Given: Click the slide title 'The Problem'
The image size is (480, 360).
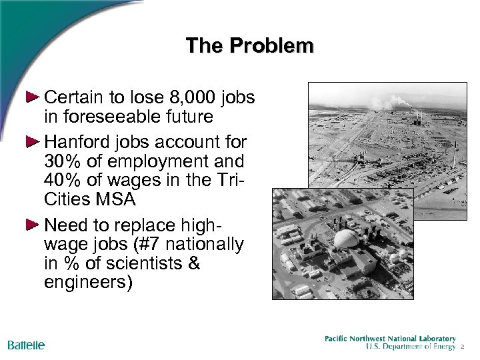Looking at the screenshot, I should coord(249,45).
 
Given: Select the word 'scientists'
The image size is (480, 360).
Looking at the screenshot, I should coord(129,262).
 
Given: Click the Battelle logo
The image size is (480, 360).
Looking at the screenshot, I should coord(26,345).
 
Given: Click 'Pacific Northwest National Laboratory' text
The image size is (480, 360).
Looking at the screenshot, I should coord(390,338).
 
